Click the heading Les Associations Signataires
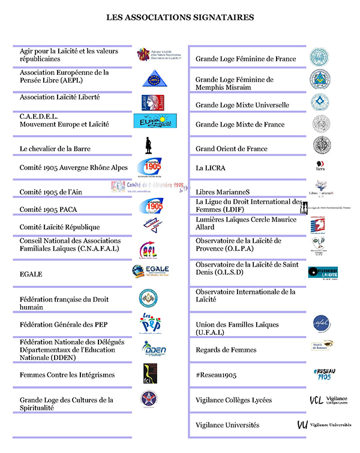point(180,18)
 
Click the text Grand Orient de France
point(232,149)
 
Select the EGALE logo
point(151,272)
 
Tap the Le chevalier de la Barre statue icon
point(149,146)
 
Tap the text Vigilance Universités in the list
point(227,425)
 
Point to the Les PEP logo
point(150,323)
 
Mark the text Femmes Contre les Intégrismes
point(67,375)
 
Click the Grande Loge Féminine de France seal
point(319,58)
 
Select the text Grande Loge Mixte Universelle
point(242,105)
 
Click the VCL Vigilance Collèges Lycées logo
point(328,400)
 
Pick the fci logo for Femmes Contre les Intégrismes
point(149,373)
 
